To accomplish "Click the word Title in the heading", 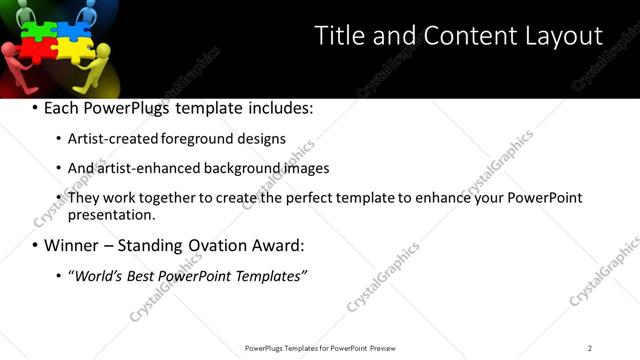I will (x=340, y=36).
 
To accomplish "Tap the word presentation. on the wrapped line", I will (x=111, y=214).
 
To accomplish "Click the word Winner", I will (x=72, y=245).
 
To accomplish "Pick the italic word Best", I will (x=142, y=275).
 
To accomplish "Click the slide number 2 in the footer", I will (x=590, y=347).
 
